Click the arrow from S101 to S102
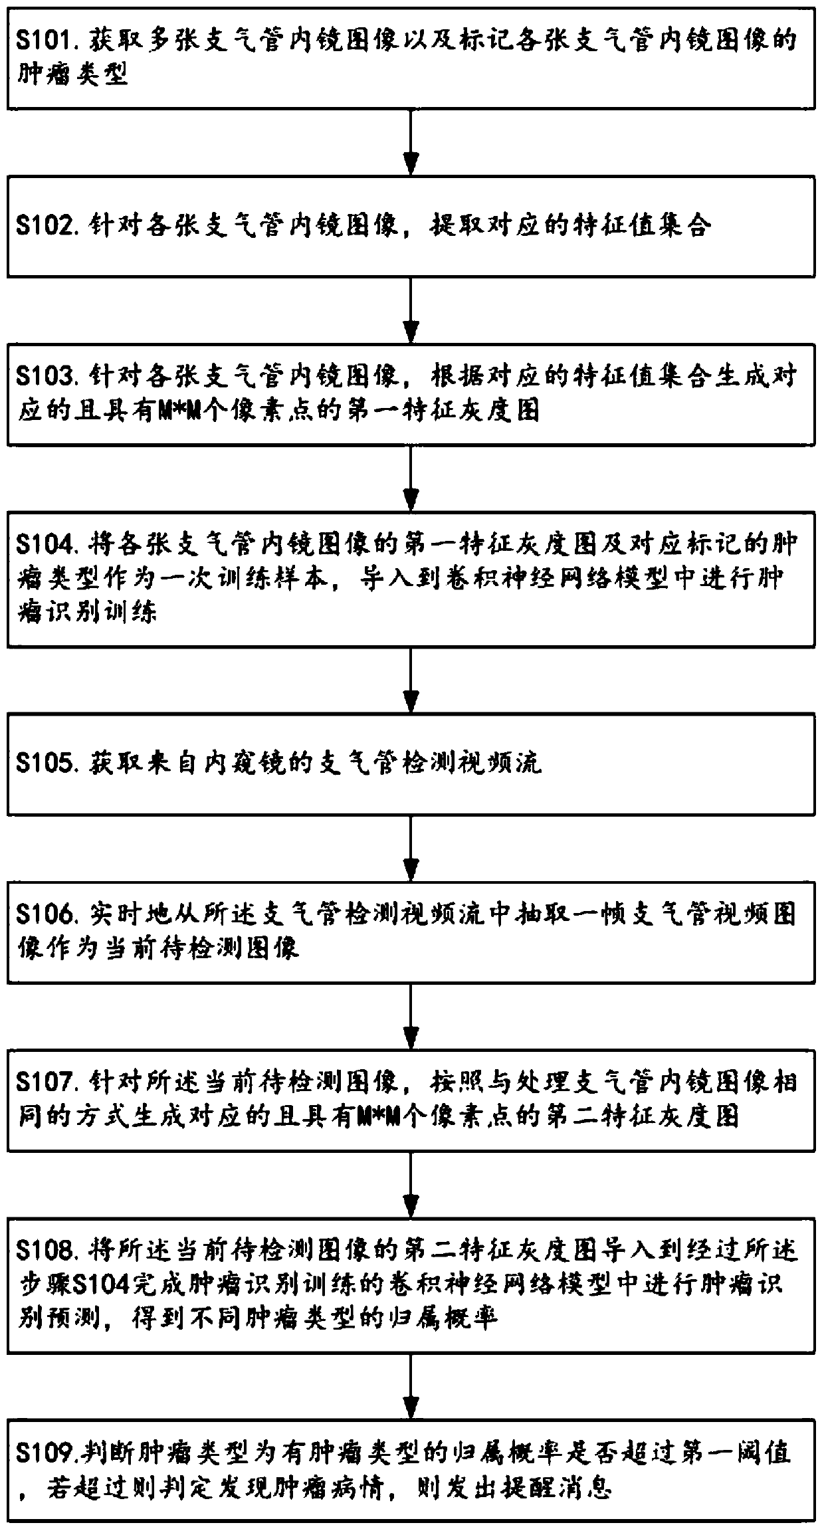click(x=412, y=142)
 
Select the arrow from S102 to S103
click(x=412, y=310)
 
